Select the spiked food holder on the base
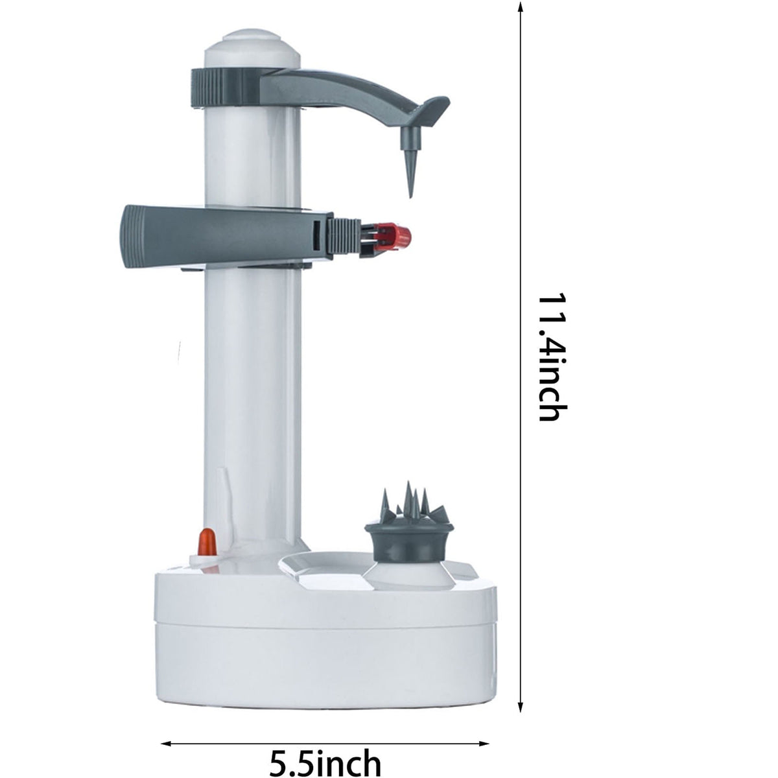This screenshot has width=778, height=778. pos(408,521)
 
